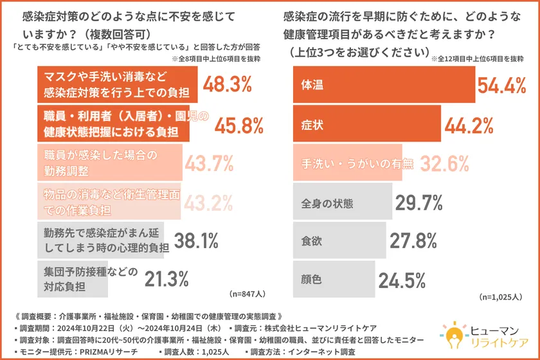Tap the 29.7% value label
click(419, 203)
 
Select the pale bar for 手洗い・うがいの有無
click(347, 163)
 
